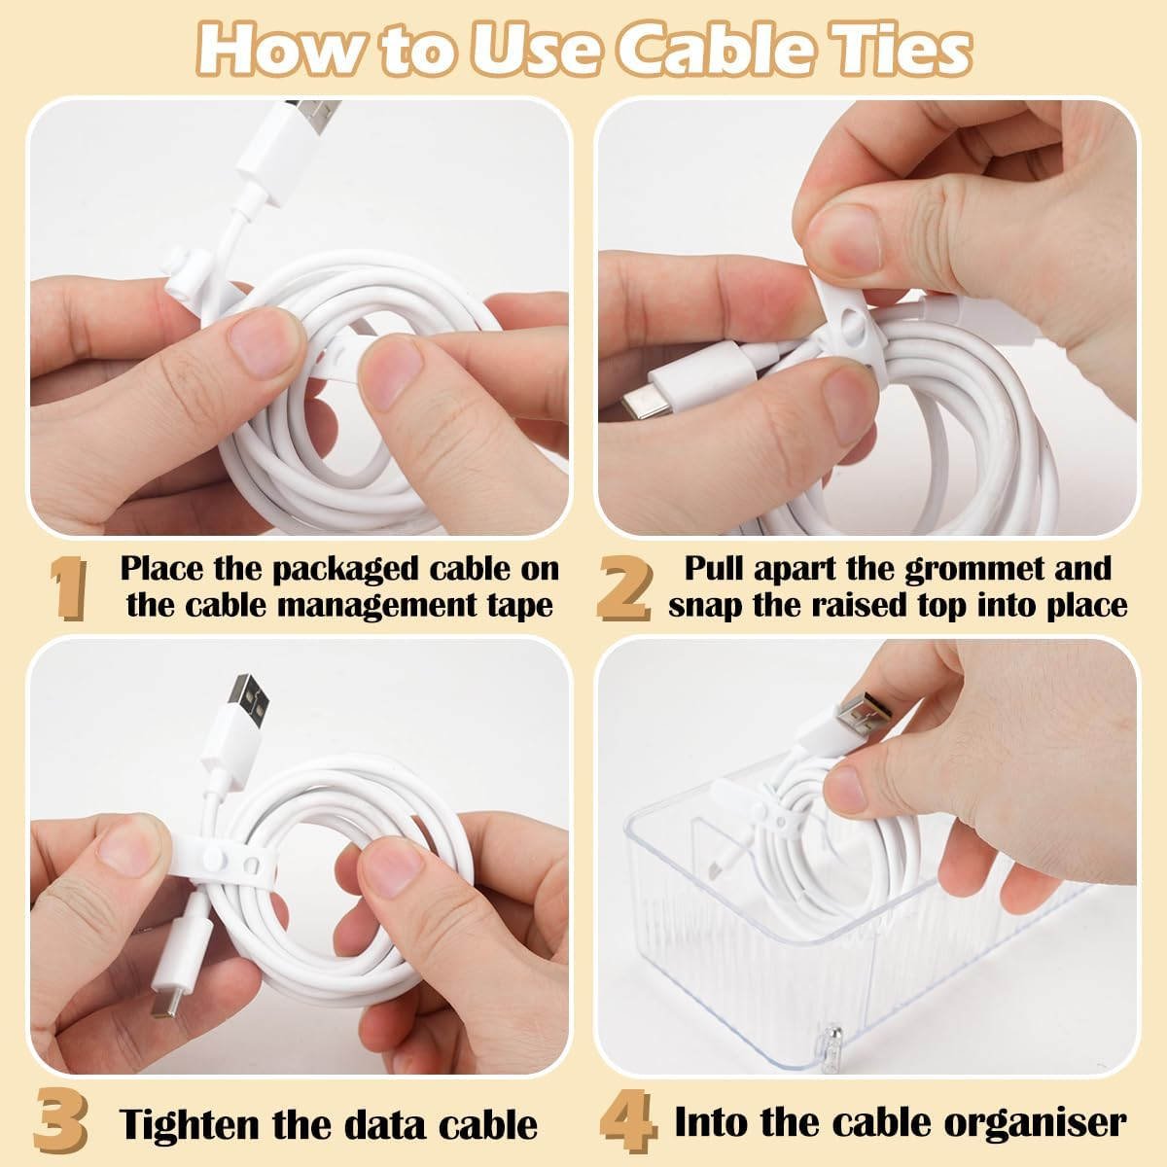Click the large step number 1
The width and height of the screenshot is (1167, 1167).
[68, 588]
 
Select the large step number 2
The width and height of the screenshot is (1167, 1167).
[623, 588]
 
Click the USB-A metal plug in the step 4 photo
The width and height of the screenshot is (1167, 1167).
[865, 710]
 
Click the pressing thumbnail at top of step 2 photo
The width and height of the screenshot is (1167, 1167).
[843, 240]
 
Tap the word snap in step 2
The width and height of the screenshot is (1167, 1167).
[705, 607]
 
